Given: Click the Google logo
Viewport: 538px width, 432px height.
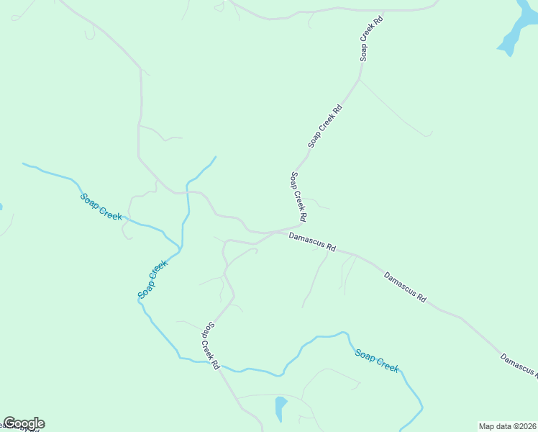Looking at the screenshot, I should point(24,423).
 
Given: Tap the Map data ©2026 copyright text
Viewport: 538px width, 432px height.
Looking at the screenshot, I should point(507,426).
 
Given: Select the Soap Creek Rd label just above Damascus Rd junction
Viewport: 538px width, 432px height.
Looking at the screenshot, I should point(299,197).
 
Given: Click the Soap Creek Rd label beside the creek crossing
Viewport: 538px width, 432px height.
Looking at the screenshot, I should point(209,346).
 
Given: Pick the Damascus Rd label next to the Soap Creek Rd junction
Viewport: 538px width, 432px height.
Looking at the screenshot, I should point(312,240).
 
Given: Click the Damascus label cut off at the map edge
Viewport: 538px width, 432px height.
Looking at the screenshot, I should point(519,366).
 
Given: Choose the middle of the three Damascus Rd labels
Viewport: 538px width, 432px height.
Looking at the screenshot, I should point(406,286).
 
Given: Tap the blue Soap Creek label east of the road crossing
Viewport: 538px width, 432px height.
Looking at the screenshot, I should point(376,359).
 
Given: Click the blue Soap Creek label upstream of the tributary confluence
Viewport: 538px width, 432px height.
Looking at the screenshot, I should point(101,206).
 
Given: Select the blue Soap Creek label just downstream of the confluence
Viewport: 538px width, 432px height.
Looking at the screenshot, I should point(152,279).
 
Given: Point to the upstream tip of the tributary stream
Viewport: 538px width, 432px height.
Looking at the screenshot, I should point(216,156).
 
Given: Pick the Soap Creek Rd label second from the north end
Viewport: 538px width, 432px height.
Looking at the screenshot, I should point(325,126).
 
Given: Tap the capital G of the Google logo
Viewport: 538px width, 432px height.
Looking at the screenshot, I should point(10,423).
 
